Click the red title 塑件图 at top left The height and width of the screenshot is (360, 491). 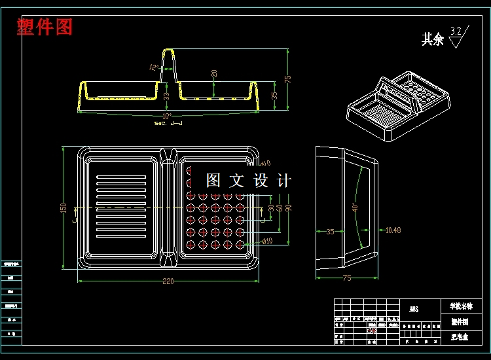(x=45, y=27)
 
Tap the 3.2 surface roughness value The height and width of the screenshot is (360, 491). (x=456, y=30)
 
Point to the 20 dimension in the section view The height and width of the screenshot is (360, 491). (x=213, y=73)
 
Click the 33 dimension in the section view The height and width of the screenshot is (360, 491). (x=166, y=96)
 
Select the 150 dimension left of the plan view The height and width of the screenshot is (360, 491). (x=64, y=207)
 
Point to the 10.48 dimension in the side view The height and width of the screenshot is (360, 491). (x=393, y=230)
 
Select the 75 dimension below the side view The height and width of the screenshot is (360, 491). (x=346, y=278)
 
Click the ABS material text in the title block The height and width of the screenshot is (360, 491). (x=414, y=309)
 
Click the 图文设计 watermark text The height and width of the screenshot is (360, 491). (x=248, y=181)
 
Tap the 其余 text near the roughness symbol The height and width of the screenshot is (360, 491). (x=432, y=39)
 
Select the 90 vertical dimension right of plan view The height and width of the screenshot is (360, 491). (x=287, y=207)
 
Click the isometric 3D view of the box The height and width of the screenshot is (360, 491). (x=398, y=105)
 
